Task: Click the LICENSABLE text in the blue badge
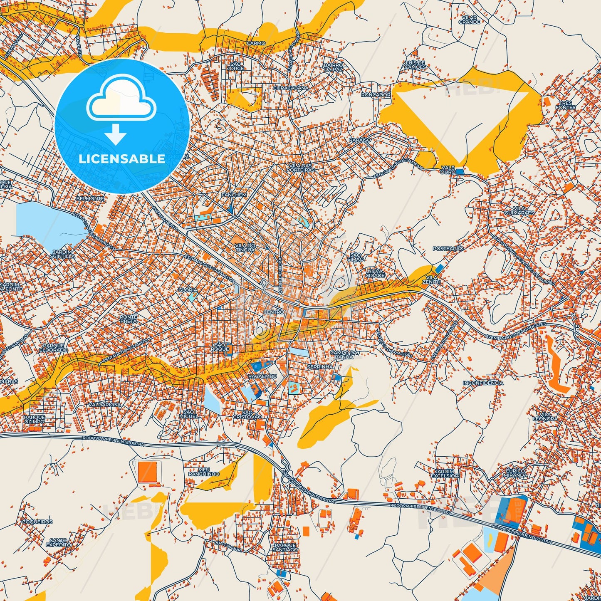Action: tap(122, 159)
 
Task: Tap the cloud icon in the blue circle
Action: tap(121, 100)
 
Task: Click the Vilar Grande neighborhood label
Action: tap(470, 20)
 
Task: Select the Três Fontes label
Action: tap(566, 105)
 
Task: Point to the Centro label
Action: tap(274, 312)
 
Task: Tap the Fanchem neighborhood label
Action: tap(234, 195)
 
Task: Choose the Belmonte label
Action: tap(90, 198)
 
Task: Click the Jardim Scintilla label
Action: tap(63, 254)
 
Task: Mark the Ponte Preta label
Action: tap(129, 319)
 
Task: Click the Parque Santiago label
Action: tap(286, 547)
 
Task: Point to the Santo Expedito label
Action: tap(59, 542)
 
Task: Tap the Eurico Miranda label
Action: tap(516, 473)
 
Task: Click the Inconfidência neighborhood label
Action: tap(483, 383)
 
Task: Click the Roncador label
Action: tap(376, 94)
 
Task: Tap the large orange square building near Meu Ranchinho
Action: tap(148, 471)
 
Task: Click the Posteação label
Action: tap(448, 248)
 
